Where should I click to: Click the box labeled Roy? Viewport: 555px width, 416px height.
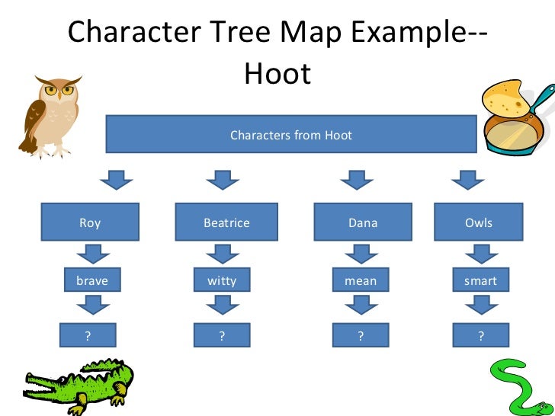90,222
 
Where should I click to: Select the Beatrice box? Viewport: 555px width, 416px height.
226,222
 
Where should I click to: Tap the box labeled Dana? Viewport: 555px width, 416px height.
362,222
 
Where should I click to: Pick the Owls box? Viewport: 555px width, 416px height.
479,222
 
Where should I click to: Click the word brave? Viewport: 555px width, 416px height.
92,281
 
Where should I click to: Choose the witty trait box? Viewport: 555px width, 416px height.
222,281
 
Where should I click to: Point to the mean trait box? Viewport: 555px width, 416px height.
361,281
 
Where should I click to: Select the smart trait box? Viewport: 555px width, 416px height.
480,281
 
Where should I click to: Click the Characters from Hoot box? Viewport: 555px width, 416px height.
291,135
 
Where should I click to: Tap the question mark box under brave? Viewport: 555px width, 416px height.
88,335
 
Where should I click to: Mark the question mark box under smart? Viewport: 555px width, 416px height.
481,335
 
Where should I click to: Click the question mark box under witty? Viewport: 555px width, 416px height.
222,335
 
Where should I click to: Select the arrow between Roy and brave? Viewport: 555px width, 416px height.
93,253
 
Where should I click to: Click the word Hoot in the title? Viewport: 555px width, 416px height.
277,74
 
